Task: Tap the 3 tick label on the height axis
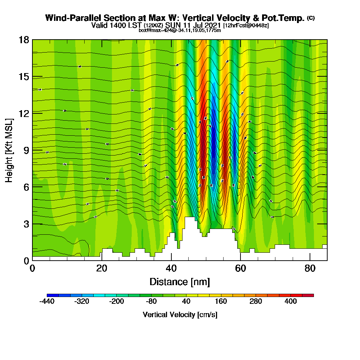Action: coord(26,224)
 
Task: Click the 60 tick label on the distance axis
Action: coord(240,269)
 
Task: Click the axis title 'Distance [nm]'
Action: coord(180,281)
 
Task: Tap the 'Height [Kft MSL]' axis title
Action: coord(9,150)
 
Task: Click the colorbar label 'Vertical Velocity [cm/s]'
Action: coord(180,315)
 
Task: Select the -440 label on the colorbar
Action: coord(47,301)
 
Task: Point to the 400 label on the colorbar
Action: coord(291,301)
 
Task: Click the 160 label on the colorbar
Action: coord(221,301)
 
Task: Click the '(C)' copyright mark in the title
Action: coord(311,18)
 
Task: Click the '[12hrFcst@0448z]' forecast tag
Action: coord(246,26)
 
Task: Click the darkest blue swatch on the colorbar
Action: coord(53,295)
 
